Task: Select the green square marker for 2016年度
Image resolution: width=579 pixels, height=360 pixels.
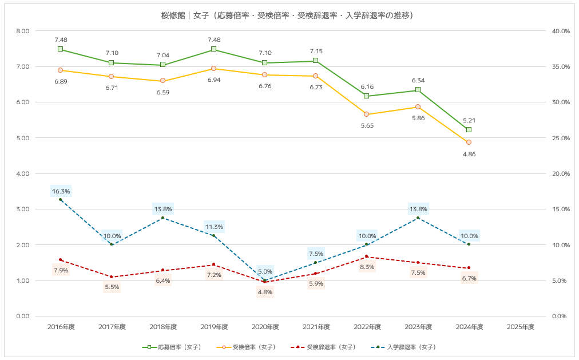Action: [x=61, y=49]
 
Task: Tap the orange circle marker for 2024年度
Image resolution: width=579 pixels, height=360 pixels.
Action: [x=469, y=142]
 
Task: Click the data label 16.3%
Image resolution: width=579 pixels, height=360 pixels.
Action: [x=61, y=191]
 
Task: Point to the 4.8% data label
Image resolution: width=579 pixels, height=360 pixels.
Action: [x=265, y=292]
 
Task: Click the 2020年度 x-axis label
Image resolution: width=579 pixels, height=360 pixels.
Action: [x=265, y=327]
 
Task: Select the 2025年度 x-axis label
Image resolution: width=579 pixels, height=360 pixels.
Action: [x=520, y=327]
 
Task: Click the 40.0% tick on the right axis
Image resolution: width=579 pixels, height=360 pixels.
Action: [x=561, y=31]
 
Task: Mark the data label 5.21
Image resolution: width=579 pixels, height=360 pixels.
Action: [x=469, y=120]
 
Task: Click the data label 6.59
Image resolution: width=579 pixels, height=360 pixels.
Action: [x=162, y=92]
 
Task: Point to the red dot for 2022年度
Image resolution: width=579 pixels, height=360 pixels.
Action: [x=367, y=256]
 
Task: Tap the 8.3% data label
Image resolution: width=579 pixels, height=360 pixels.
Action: [x=367, y=267]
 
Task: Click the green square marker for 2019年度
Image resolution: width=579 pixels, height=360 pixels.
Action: [x=213, y=49]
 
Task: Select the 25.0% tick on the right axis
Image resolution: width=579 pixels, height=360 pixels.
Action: [x=561, y=138]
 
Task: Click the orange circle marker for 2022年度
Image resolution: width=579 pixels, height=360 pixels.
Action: [x=367, y=114]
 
